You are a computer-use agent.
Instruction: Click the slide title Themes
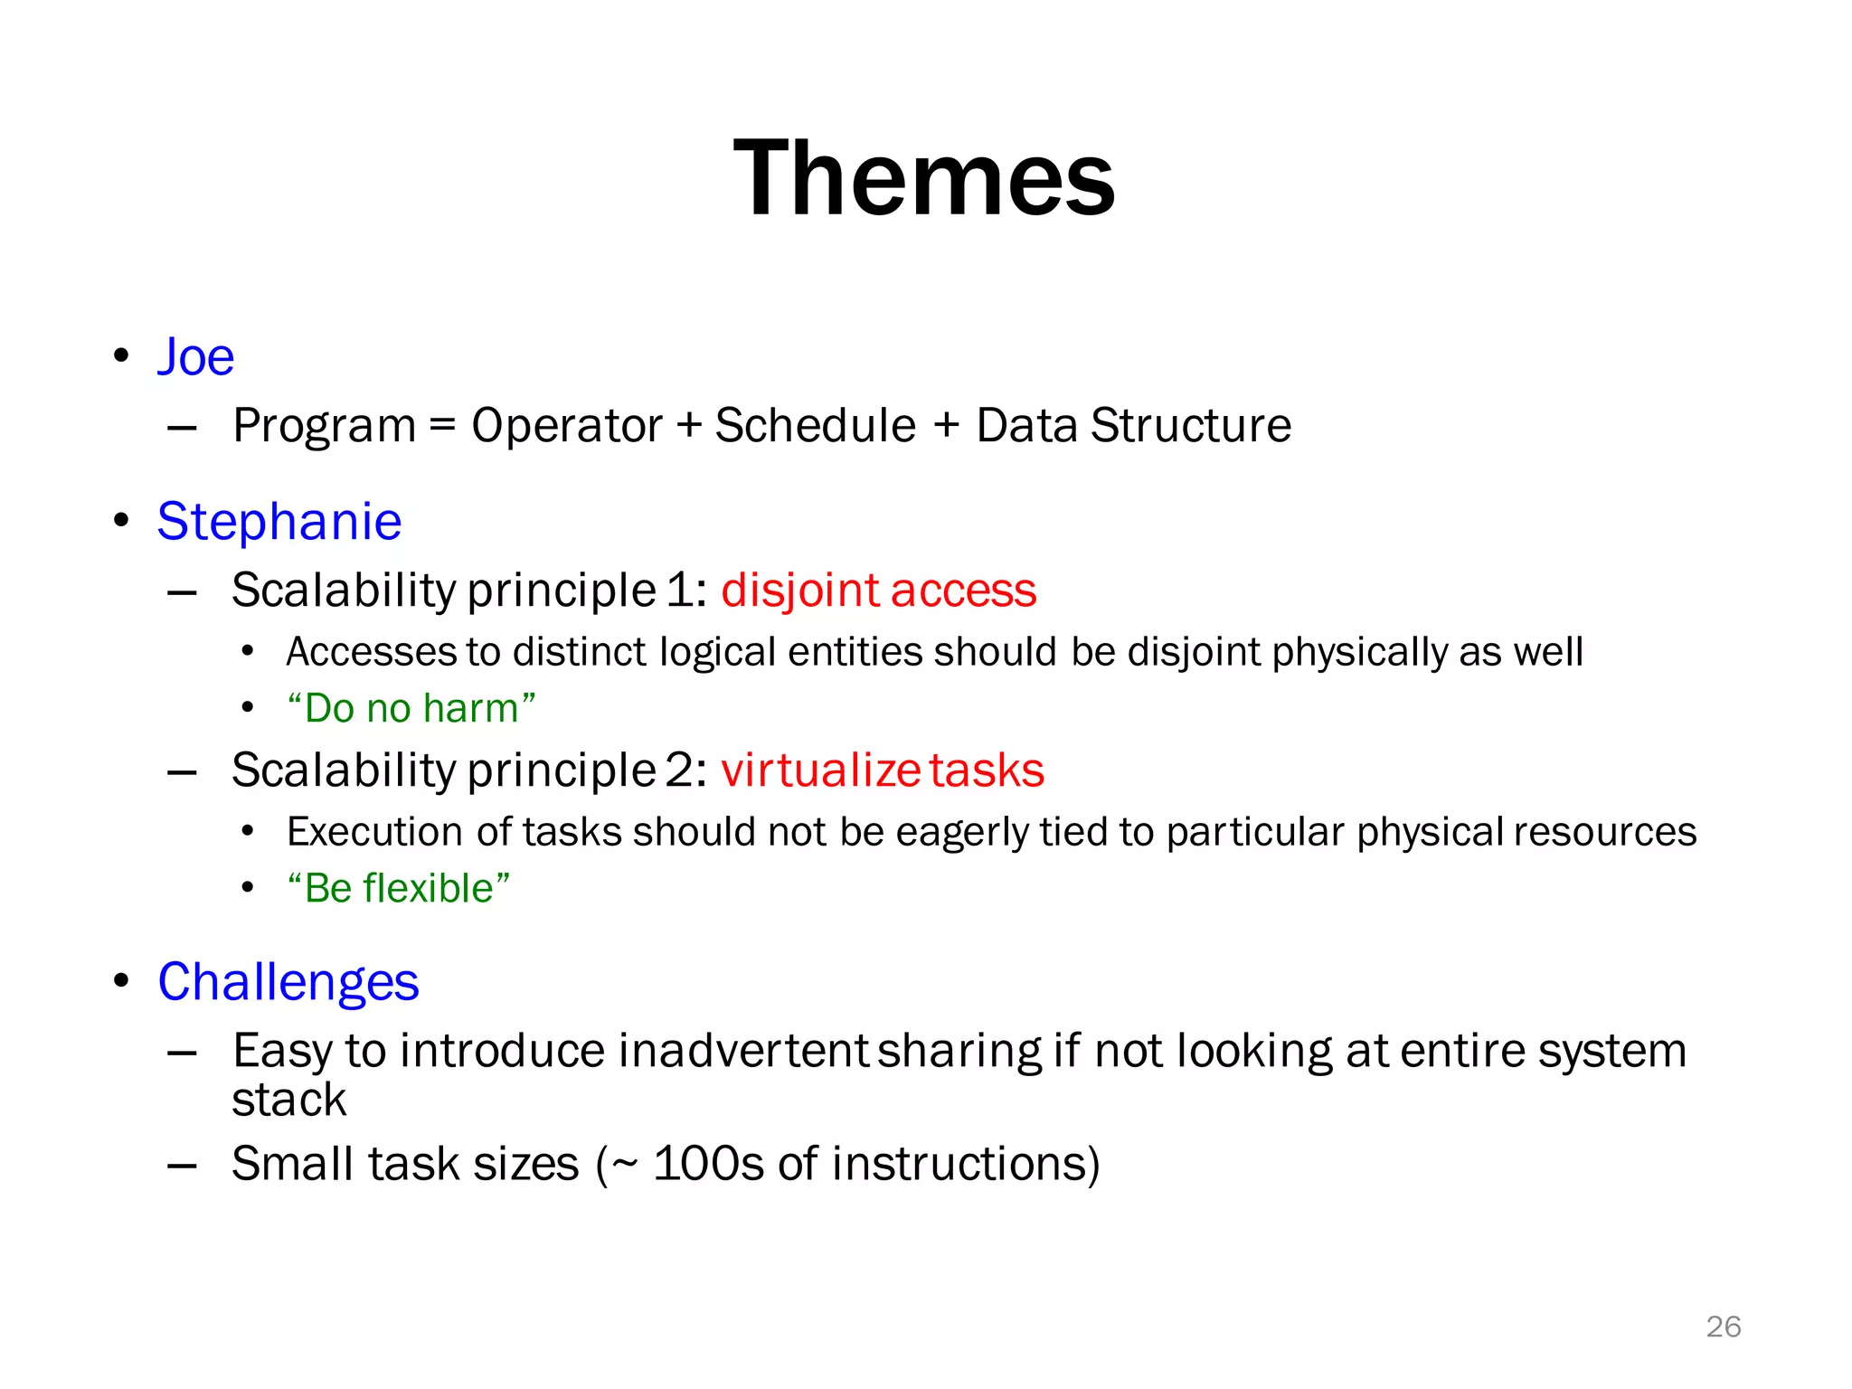[x=924, y=178]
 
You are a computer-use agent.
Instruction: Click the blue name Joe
[x=196, y=356]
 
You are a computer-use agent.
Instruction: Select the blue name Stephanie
[x=279, y=522]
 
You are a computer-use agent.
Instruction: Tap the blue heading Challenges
[x=288, y=982]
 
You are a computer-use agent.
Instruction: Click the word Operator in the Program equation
[x=567, y=425]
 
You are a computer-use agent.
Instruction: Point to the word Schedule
[x=815, y=425]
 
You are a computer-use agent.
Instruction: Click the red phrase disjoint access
[x=878, y=591]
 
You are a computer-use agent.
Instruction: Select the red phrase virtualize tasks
[x=883, y=770]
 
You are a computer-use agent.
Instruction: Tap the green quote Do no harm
[x=411, y=708]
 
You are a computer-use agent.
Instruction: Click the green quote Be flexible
[x=399, y=888]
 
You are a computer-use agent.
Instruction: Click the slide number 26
[x=1723, y=1327]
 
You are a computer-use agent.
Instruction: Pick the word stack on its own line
[x=289, y=1101]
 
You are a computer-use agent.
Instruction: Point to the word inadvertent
[x=744, y=1051]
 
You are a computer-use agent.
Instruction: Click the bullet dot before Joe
[x=121, y=356]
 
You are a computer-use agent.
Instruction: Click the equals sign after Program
[x=442, y=425]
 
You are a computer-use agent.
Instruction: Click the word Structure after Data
[x=1191, y=425]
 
